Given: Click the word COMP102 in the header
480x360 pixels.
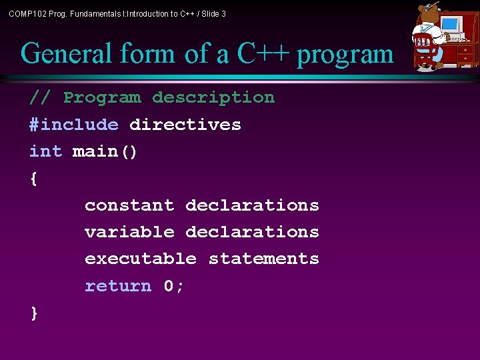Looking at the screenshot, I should tap(26, 13).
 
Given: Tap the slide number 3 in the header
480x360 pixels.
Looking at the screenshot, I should tap(223, 13).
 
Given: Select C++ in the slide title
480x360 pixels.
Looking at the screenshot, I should tap(264, 54).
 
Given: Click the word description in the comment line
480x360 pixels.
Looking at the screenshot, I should tap(213, 97).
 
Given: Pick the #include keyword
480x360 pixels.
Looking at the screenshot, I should tap(74, 125).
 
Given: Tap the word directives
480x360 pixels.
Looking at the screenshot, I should tap(185, 125).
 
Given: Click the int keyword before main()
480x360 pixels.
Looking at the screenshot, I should tap(45, 151).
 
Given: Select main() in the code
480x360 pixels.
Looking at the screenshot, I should tap(105, 152).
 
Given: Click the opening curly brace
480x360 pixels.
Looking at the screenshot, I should tap(34, 179).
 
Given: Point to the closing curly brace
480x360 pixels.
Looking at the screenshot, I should tap(34, 313).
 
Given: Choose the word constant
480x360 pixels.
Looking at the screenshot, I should tap(129, 205).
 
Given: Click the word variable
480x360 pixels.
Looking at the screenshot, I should tap(129, 232).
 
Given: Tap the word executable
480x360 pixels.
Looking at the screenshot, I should tap(141, 259).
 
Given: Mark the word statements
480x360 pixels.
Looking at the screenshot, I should tap(264, 259).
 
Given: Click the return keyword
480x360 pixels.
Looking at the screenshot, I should tap(118, 286).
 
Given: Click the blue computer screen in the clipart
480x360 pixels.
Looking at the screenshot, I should tap(451, 25).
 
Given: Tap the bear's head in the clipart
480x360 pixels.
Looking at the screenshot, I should tap(426, 15).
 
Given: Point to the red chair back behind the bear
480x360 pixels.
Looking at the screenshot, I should tap(423, 45).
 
